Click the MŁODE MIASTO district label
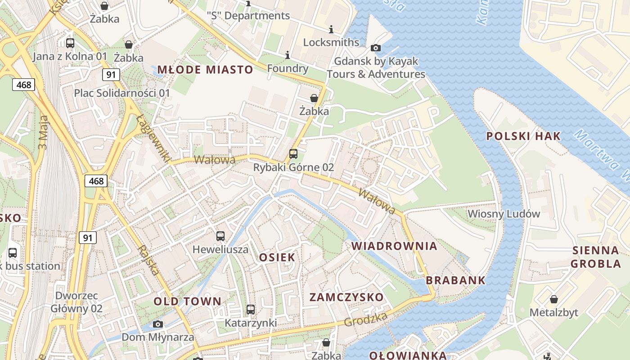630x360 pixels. (205, 69)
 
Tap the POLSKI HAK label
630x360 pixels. (523, 136)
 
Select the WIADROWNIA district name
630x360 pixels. (394, 246)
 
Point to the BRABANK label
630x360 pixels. (456, 280)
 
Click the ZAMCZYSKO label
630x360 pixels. (346, 297)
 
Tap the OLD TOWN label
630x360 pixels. (188, 301)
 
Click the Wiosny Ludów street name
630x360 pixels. (504, 214)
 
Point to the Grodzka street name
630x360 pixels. (366, 319)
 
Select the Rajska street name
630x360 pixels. (148, 260)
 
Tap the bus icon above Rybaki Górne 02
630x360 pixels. (293, 154)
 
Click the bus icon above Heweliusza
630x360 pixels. (220, 236)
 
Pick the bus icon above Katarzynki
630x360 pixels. (251, 310)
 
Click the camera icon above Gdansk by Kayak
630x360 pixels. (376, 48)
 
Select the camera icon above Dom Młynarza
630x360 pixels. (157, 324)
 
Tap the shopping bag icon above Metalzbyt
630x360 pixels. (554, 299)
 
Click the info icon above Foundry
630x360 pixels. (288, 55)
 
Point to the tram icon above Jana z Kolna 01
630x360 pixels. (70, 43)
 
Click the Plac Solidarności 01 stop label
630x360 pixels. (122, 93)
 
